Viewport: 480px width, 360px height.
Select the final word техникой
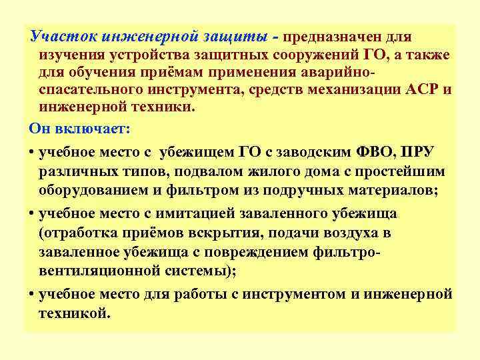pyautogui.click(x=73, y=313)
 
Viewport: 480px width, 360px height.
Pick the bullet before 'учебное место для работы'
pyautogui.click(x=32, y=294)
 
